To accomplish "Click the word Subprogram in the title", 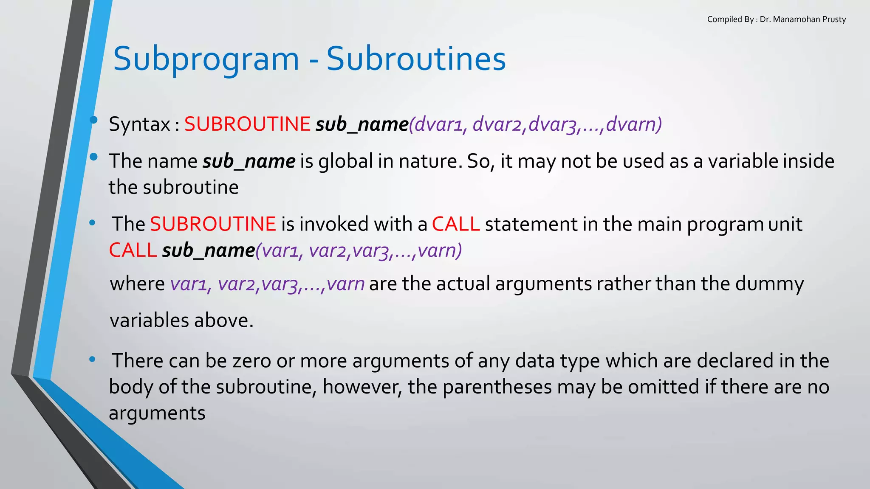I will click(x=206, y=59).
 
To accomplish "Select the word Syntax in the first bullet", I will click(x=139, y=124).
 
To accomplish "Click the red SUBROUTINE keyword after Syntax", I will click(x=247, y=124).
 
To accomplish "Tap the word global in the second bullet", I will click(x=345, y=161).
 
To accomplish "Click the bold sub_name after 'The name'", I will click(x=249, y=162).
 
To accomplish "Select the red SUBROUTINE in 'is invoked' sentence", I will click(x=213, y=224).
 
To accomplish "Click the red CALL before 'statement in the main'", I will click(x=455, y=224).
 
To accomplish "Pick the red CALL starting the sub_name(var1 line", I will click(x=133, y=250).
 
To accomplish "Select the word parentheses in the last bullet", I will click(x=497, y=387).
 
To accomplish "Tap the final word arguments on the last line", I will click(x=157, y=413).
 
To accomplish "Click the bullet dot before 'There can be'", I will click(x=92, y=360).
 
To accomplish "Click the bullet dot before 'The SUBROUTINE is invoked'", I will click(x=92, y=223).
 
